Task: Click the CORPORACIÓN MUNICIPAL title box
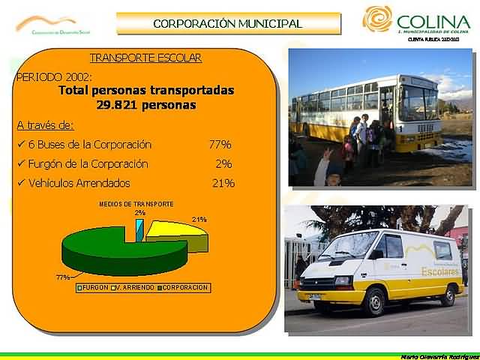click(227, 23)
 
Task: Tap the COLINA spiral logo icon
click(377, 19)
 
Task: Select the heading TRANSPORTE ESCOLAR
click(145, 58)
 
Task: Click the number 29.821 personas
click(145, 105)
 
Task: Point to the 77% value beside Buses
click(220, 144)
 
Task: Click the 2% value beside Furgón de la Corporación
click(223, 163)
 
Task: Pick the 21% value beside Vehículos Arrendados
click(223, 183)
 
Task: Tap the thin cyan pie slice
click(139, 229)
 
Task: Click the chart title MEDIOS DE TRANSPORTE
click(136, 204)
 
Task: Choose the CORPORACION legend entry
click(184, 287)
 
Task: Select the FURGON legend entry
click(93, 287)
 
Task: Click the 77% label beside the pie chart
click(63, 277)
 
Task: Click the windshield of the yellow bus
click(418, 103)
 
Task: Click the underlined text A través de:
click(45, 124)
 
